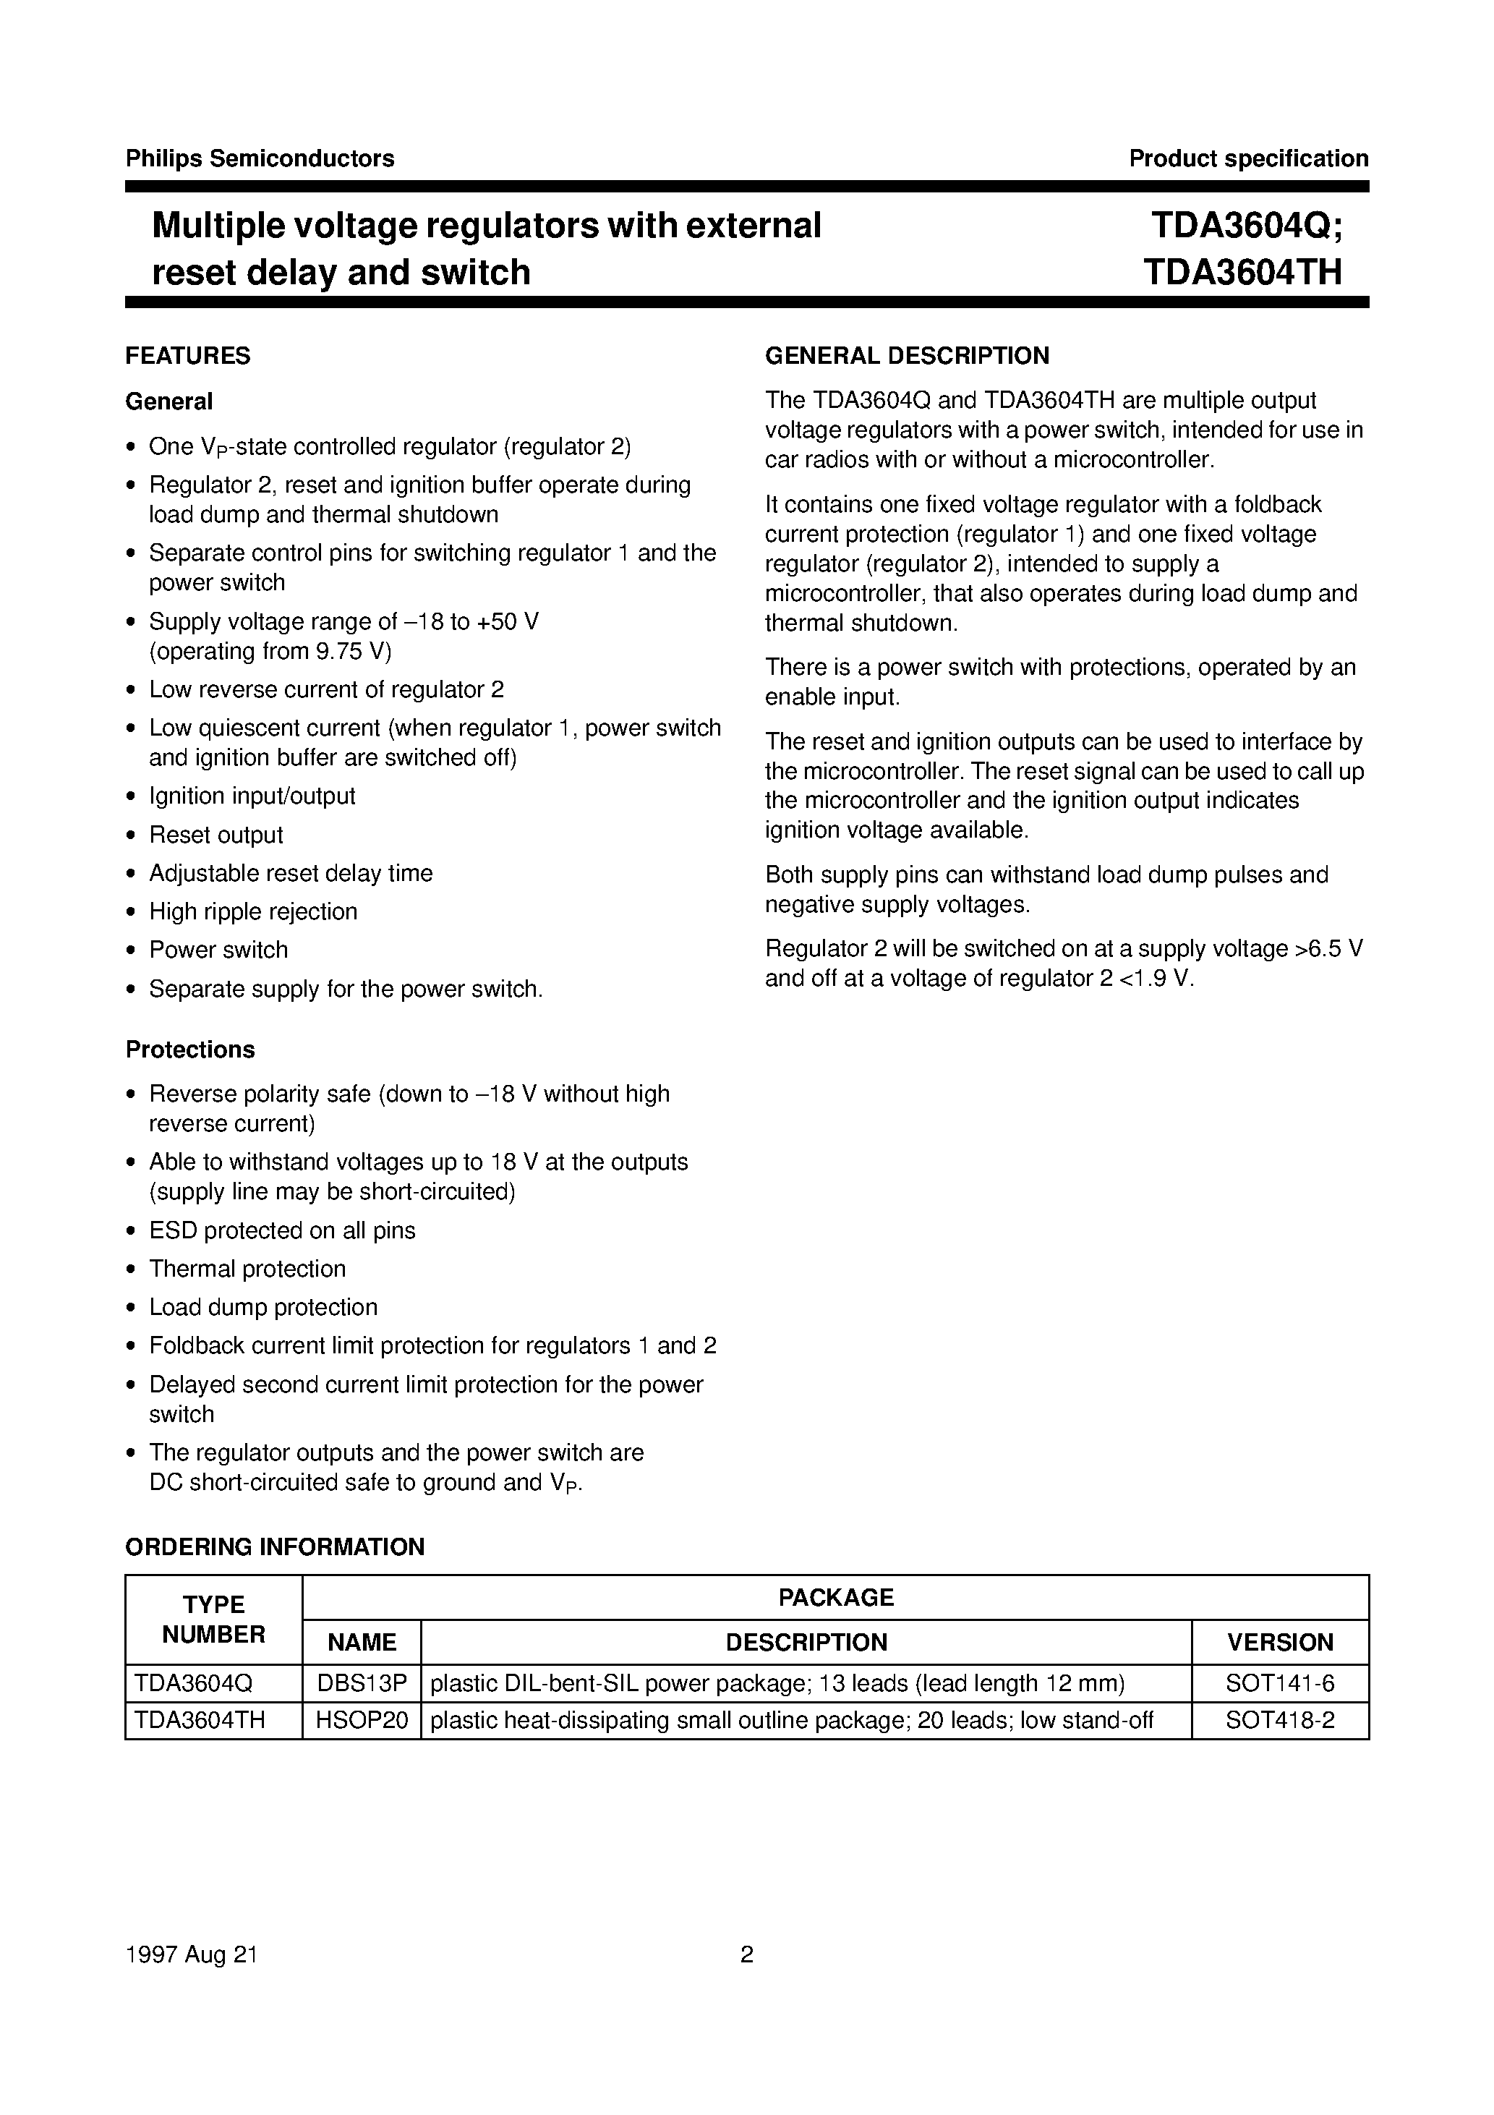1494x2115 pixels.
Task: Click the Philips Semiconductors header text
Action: coord(259,158)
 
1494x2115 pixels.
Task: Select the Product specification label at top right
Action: coord(1248,158)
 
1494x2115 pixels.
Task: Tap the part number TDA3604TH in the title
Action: coord(1242,273)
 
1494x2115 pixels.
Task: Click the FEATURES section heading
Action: coord(188,356)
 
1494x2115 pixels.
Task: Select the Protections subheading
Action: coord(189,1050)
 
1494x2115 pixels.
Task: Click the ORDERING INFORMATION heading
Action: coord(275,1546)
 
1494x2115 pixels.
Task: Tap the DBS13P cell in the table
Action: coord(361,1684)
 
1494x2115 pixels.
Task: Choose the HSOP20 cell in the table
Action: coord(361,1720)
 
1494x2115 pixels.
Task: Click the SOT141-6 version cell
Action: coord(1279,1684)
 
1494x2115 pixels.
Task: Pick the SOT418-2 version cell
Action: coord(1279,1720)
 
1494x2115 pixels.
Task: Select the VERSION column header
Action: coord(1279,1643)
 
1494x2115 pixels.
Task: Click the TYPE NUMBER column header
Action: coord(214,1620)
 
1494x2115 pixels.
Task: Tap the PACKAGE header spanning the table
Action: coord(835,1597)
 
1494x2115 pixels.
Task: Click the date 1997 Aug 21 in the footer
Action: coord(192,1954)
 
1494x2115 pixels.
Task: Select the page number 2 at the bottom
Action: coord(747,1954)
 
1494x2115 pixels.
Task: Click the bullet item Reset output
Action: coord(215,835)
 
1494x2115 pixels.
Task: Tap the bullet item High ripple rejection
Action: coord(252,911)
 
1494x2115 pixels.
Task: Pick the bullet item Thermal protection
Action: coord(247,1269)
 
